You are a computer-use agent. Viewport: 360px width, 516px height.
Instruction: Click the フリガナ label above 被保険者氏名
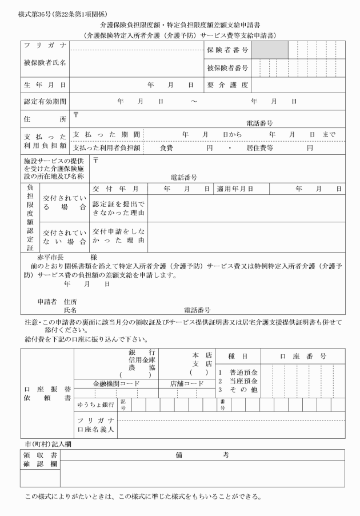(43, 46)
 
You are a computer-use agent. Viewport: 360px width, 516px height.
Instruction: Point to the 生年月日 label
(43, 85)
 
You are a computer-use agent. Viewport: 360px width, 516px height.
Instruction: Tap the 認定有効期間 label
(43, 101)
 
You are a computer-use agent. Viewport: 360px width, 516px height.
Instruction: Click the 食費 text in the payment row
(166, 148)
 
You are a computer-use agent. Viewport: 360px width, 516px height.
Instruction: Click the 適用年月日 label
(235, 187)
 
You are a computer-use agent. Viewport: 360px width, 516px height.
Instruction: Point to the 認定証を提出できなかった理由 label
(119, 208)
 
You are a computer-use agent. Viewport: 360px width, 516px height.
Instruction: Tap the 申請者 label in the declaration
(47, 301)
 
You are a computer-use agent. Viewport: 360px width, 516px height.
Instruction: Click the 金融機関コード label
(117, 383)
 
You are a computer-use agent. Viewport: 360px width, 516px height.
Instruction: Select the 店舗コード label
(186, 383)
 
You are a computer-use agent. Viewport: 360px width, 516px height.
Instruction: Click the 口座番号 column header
(303, 356)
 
